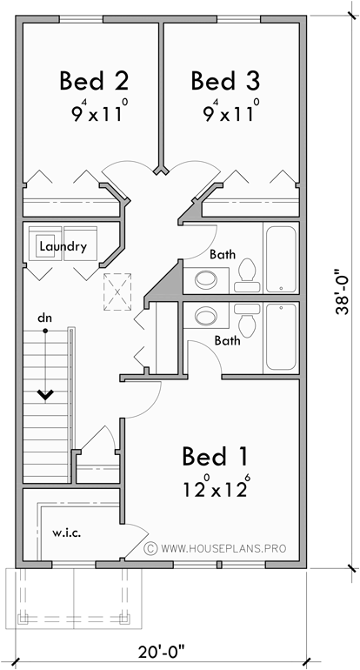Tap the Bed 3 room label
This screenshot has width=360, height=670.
tap(225, 81)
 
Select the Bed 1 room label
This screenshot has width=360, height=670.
tap(216, 455)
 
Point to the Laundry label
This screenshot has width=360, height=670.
tap(63, 246)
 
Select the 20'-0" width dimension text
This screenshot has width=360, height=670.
tap(164, 651)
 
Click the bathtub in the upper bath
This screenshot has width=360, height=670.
tap(280, 259)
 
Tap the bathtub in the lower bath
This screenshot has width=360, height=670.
tap(280, 337)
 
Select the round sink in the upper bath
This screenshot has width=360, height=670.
tap(207, 279)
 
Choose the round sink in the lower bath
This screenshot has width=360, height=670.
tap(207, 314)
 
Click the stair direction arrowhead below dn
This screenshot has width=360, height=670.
tap(44, 395)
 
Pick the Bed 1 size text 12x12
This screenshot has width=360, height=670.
tap(216, 487)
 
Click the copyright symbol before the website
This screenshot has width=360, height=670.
tap(150, 549)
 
